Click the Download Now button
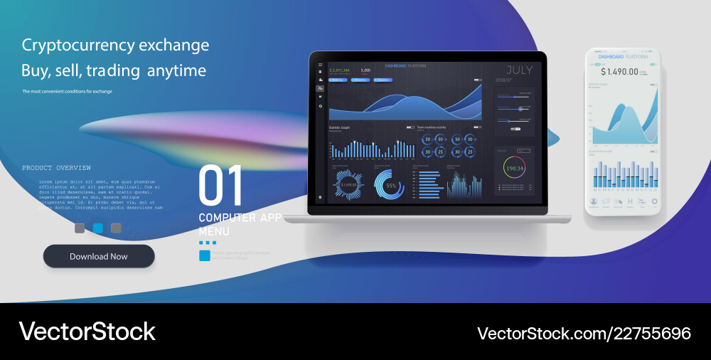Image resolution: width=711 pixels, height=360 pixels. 99,256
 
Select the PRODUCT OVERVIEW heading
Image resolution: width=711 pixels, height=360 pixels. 56,168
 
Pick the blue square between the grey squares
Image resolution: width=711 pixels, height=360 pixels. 98,228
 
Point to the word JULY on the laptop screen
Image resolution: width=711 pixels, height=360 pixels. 520,70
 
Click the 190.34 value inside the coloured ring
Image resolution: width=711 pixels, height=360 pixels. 513,169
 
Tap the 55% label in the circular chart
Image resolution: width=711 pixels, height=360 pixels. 390,186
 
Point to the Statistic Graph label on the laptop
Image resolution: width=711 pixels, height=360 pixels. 339,127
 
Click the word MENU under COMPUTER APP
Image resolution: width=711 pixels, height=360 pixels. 213,231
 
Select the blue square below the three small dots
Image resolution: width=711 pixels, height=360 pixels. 205,255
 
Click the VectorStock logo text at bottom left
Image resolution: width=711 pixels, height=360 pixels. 87,332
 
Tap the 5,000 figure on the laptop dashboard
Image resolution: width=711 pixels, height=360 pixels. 365,70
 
